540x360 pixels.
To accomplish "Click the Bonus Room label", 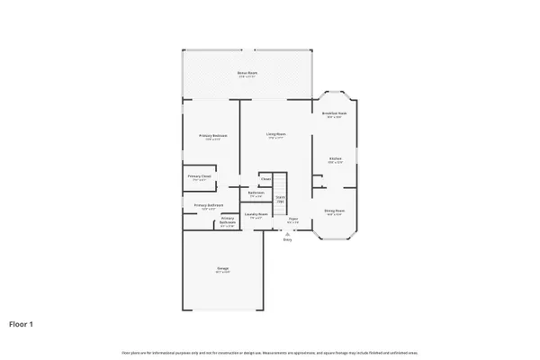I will pos(247,72).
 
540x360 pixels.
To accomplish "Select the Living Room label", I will pos(275,134).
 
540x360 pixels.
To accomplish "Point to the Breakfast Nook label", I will pos(335,113).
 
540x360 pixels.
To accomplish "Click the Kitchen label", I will pos(335,158).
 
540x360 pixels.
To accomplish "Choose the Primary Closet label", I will pos(200,176).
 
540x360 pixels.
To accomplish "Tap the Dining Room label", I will pos(335,211).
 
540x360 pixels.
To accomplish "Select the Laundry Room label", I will pos(256,214).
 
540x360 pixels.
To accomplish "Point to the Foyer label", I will pos(293,219).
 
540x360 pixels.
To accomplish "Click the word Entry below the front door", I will pos(288,239).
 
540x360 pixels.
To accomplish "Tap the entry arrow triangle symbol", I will pos(288,232).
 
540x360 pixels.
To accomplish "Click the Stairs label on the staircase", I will pos(280,198).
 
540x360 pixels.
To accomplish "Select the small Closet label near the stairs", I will pos(265,179).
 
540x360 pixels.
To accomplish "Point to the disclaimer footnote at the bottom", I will pos(270,350).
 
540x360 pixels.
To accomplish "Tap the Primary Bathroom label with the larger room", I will pos(209,205).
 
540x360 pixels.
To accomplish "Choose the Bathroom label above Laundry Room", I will pos(256,193).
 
